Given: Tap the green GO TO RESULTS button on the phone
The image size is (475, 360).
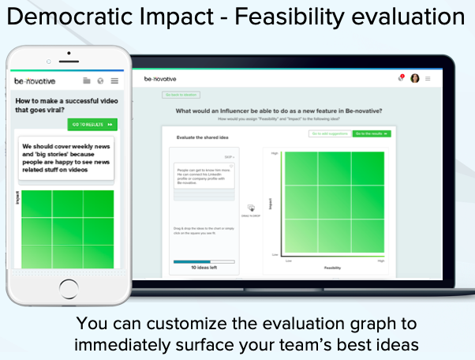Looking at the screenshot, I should (92, 125).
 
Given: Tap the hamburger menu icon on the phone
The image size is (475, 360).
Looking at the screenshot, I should (114, 81).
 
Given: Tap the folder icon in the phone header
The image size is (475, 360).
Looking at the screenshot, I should (87, 81).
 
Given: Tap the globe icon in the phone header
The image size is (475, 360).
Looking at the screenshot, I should (100, 81).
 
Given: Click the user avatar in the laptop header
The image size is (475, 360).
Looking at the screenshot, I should (415, 78).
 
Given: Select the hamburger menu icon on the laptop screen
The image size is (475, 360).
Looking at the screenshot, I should (428, 78).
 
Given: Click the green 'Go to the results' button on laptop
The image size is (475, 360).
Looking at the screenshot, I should (372, 134).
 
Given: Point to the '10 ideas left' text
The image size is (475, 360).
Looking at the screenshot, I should (204, 268).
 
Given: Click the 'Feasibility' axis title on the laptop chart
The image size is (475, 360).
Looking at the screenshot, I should (332, 268).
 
